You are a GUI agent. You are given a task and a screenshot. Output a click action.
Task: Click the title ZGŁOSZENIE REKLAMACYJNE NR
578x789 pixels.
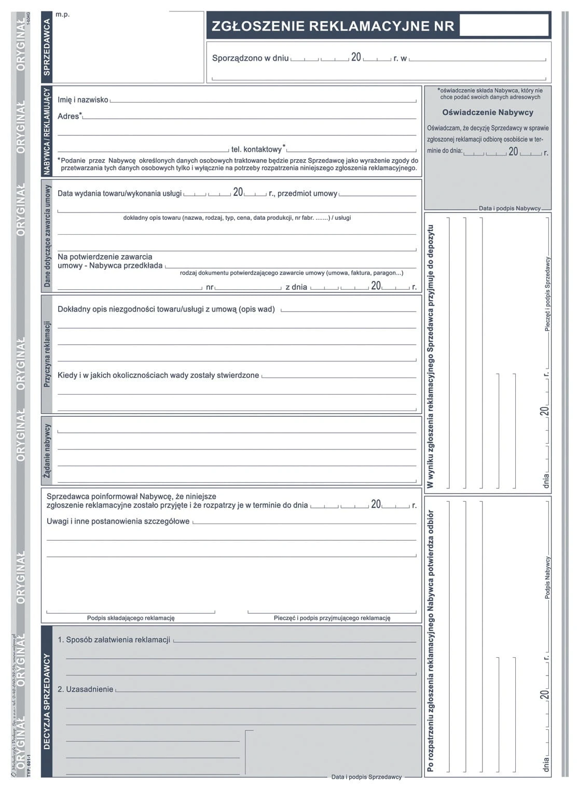333,26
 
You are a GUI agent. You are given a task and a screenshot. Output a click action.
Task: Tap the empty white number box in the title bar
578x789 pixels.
503,25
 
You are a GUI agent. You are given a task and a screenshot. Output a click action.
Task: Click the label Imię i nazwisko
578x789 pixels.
83,100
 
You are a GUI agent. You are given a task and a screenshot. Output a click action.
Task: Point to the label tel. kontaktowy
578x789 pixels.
256,149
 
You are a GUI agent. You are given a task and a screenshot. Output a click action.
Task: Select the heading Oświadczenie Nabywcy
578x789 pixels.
487,112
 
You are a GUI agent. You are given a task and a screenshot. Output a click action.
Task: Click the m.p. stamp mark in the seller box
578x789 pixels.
62,15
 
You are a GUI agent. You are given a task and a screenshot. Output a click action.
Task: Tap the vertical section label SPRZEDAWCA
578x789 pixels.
47,47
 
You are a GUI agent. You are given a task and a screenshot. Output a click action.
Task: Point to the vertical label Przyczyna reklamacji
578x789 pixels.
47,354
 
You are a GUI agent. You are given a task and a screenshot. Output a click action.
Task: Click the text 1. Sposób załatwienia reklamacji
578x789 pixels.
114,640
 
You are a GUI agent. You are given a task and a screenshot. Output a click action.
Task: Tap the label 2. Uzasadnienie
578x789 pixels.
86,689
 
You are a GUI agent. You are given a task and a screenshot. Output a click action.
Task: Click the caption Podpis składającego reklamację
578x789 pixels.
131,618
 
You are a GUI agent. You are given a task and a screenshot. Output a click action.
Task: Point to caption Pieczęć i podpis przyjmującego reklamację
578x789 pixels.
332,618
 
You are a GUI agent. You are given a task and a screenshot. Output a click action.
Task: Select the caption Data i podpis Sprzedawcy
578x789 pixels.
366,777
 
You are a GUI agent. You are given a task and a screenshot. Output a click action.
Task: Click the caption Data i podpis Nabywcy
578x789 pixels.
509,208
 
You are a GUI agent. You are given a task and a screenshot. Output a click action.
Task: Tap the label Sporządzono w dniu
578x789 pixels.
250,58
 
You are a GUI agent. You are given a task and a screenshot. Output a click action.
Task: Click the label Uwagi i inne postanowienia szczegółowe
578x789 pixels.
118,522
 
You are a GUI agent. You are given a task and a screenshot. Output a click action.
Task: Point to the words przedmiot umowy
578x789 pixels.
307,193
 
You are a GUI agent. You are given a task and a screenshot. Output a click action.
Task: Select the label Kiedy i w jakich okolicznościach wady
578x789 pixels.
158,375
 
